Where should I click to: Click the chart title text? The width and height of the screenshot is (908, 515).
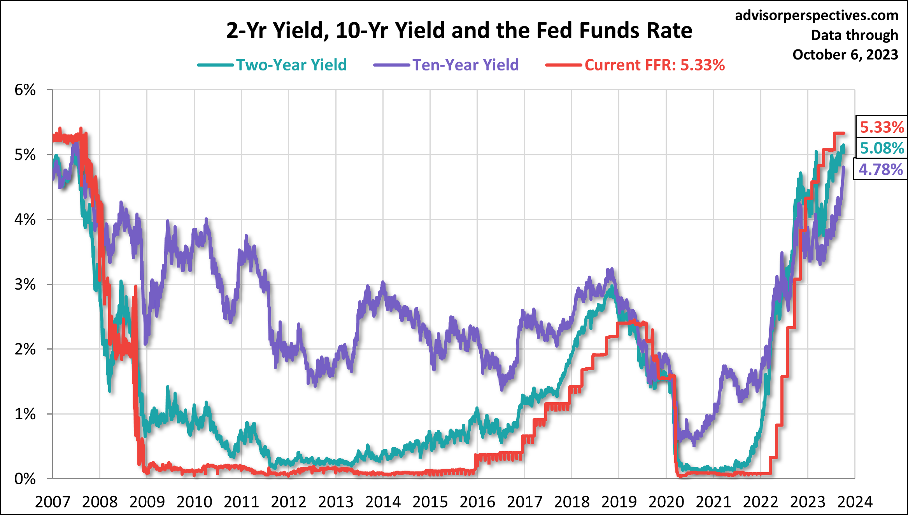pyautogui.click(x=459, y=30)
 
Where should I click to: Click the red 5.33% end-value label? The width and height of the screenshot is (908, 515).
pyautogui.click(x=882, y=127)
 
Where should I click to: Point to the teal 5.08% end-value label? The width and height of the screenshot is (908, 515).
pyautogui.click(x=882, y=148)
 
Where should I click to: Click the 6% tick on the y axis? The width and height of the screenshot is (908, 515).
pyautogui.click(x=25, y=90)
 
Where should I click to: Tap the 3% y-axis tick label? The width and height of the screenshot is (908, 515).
pyautogui.click(x=25, y=285)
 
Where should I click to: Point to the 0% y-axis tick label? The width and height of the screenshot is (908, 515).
pyautogui.click(x=25, y=479)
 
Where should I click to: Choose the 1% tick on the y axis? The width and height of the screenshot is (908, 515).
pyautogui.click(x=25, y=414)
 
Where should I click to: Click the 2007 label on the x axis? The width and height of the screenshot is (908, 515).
pyautogui.click(x=53, y=502)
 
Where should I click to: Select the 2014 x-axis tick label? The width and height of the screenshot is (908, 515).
pyautogui.click(x=383, y=502)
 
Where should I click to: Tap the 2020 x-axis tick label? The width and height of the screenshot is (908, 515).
pyautogui.click(x=666, y=502)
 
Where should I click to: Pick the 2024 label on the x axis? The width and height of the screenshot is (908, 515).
pyautogui.click(x=855, y=502)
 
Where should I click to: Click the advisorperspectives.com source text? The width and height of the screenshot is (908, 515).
pyautogui.click(x=817, y=16)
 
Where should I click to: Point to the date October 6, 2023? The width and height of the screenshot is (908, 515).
pyautogui.click(x=845, y=54)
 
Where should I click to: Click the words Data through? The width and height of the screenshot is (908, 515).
pyautogui.click(x=854, y=35)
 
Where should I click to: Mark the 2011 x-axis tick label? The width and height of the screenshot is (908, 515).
pyautogui.click(x=241, y=502)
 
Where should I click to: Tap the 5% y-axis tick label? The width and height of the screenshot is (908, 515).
pyautogui.click(x=25, y=155)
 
